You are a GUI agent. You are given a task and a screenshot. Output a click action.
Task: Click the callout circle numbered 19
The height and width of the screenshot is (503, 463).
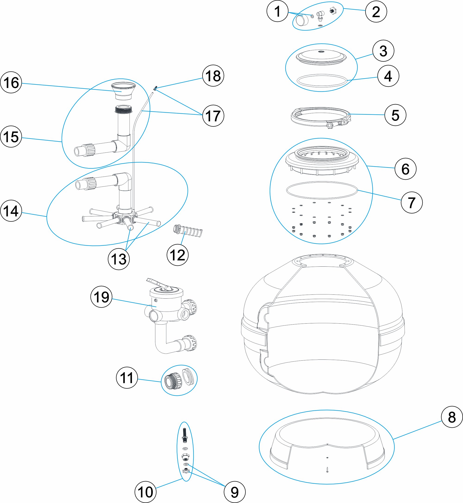(x=101, y=297)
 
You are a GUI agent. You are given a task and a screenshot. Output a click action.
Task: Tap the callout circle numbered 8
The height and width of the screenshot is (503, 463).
(x=452, y=417)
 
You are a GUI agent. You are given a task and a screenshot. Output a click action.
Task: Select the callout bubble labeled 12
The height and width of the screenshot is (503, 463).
(x=177, y=255)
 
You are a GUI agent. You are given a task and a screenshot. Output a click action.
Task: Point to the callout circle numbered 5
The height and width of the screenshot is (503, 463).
(x=395, y=115)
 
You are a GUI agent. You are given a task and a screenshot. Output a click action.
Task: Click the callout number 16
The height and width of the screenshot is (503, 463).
(x=11, y=82)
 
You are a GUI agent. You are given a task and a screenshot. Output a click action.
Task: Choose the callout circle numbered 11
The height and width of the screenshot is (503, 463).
(x=127, y=378)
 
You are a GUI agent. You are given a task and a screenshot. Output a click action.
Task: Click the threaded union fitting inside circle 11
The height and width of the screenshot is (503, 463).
(x=173, y=381)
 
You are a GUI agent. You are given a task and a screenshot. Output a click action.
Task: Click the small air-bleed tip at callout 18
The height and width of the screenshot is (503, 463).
(x=155, y=88)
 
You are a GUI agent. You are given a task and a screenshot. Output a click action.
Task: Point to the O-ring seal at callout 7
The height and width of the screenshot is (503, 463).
(x=322, y=190)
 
